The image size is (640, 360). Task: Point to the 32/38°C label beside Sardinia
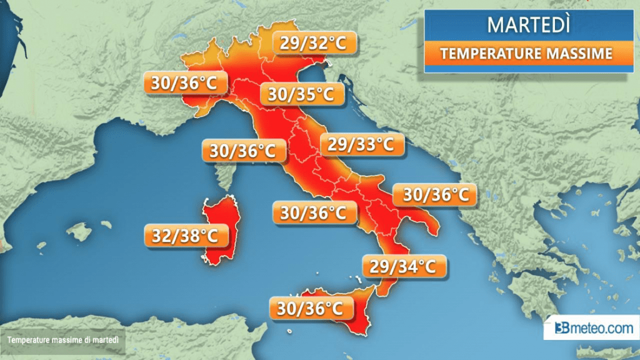pos(185,236)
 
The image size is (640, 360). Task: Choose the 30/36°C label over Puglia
pos(435,195)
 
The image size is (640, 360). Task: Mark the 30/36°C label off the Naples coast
pos(314,212)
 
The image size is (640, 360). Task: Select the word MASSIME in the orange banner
pos(578,54)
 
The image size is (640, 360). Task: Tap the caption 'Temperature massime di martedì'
pos(64,341)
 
